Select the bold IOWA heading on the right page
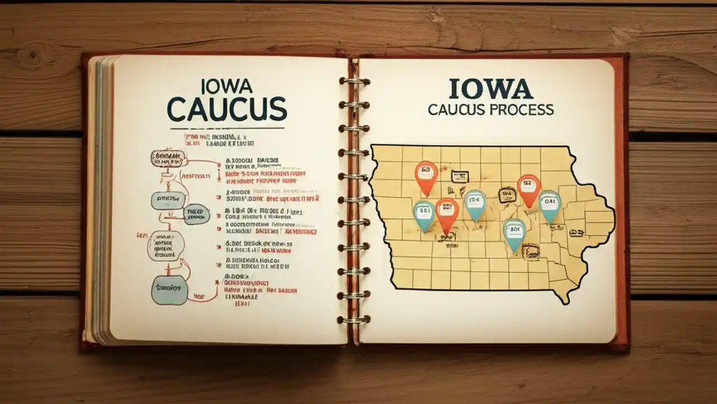[491, 89]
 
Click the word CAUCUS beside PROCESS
[454, 109]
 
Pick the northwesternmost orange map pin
[426, 175]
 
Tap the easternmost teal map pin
[550, 205]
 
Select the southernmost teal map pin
[514, 233]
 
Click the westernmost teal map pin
[424, 214]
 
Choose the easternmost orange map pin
[528, 189]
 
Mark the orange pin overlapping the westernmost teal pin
[447, 213]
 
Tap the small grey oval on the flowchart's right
[197, 214]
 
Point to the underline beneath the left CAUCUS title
[227, 128]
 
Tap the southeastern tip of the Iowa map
[567, 303]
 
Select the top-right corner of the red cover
[626, 56]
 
